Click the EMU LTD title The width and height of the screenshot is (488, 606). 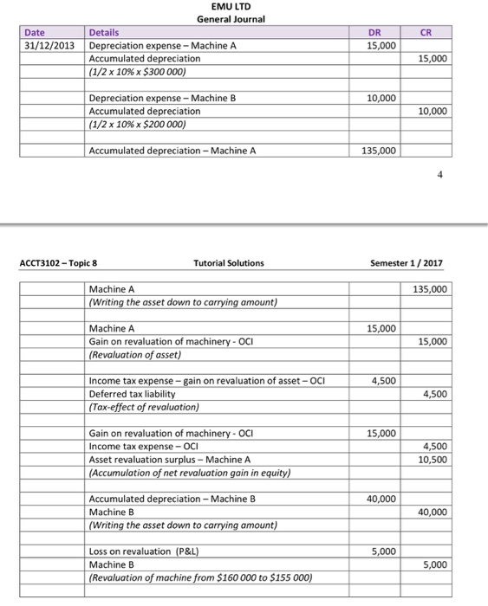click(x=231, y=7)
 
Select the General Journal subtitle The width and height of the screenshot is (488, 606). click(x=231, y=19)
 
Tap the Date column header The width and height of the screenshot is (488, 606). click(x=35, y=33)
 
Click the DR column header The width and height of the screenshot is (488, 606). click(x=382, y=33)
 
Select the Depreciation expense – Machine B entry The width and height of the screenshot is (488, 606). click(x=162, y=98)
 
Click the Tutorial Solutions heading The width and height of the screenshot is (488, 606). click(x=230, y=263)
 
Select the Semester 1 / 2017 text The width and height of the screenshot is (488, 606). click(x=407, y=263)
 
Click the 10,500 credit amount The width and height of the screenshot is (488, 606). click(x=433, y=460)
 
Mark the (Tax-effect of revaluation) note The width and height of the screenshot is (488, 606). click(x=143, y=407)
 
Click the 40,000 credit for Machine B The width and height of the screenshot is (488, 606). click(x=433, y=512)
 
